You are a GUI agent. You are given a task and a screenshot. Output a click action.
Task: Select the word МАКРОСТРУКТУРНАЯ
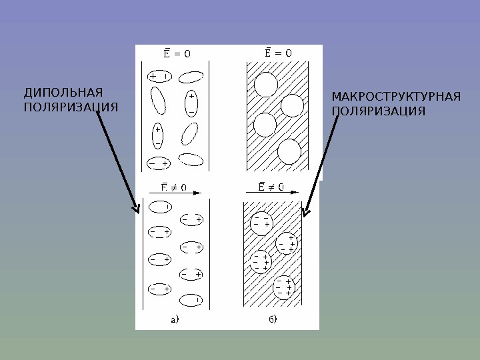[396, 98]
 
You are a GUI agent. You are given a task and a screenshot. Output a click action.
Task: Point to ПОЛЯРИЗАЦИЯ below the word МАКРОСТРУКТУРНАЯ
[378, 111]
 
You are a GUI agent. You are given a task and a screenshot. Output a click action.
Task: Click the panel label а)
[175, 319]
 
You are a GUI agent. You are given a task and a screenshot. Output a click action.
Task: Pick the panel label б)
[273, 319]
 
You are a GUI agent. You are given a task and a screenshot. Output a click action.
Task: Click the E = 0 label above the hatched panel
[275, 52]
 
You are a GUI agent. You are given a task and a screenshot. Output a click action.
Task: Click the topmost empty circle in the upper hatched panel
[266, 84]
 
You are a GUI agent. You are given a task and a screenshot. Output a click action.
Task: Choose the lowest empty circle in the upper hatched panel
[289, 152]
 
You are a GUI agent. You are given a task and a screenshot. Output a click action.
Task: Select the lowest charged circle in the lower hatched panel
[284, 287]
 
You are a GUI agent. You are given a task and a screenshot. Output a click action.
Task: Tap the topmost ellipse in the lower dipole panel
[159, 207]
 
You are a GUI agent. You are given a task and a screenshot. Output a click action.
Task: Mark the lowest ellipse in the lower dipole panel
[191, 299]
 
